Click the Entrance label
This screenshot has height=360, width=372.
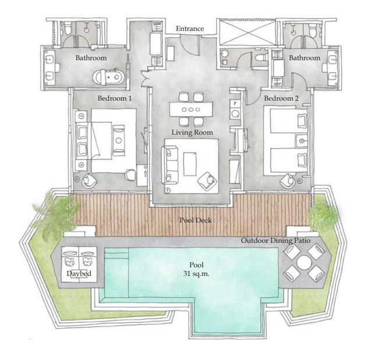190,29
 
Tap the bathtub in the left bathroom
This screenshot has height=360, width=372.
109,77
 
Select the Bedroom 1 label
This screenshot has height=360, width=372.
115,98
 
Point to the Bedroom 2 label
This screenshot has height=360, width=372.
281,98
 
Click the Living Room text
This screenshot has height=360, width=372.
192,132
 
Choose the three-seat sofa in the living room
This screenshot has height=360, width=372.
170,165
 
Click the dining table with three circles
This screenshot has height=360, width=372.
191,110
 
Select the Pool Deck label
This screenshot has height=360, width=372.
196,220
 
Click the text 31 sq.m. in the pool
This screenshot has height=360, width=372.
196,274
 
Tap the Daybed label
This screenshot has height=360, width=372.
79,274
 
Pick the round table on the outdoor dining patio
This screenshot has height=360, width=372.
304,263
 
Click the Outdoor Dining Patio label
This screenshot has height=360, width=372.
276,241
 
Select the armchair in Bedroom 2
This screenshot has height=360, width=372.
288,181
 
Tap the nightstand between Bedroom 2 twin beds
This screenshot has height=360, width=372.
302,141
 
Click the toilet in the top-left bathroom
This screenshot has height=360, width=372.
68,30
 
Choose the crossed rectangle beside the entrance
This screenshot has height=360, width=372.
247,32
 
